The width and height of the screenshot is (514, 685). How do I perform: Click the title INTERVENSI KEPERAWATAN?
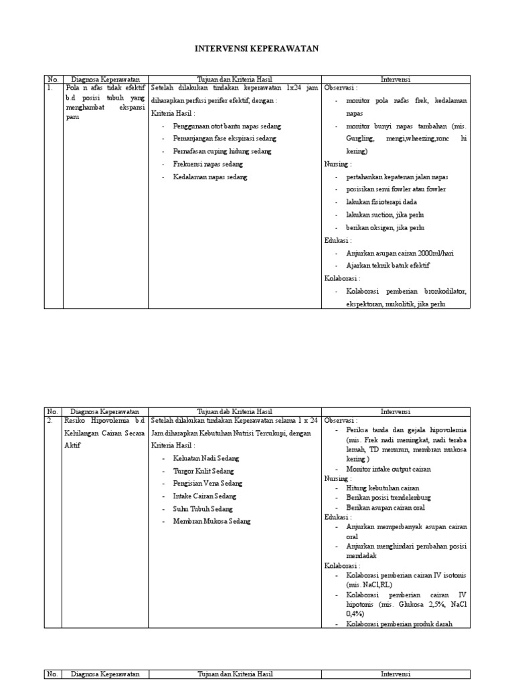[x=256, y=49]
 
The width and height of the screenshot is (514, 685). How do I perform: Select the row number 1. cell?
[x=50, y=88]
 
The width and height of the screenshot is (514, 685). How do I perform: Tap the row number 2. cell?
[x=50, y=421]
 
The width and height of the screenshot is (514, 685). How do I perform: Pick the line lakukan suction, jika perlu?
[x=385, y=215]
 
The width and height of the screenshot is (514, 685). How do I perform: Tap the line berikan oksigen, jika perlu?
[x=385, y=227]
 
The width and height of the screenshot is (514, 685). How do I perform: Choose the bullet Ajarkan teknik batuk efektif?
[x=388, y=266]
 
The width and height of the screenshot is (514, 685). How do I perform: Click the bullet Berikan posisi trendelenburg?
[x=389, y=498]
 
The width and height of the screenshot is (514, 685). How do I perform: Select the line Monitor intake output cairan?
[x=389, y=469]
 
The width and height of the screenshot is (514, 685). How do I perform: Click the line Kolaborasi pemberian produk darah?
[x=400, y=623]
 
